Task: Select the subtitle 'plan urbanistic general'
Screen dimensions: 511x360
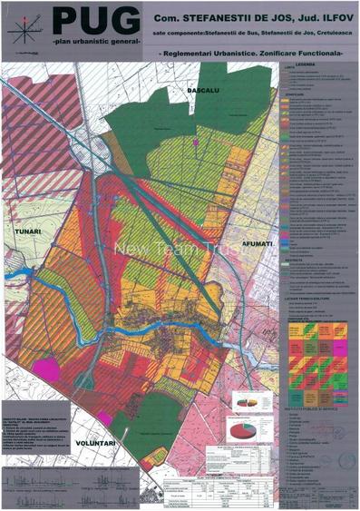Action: [94, 43]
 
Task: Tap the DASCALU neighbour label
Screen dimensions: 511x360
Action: [199, 91]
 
